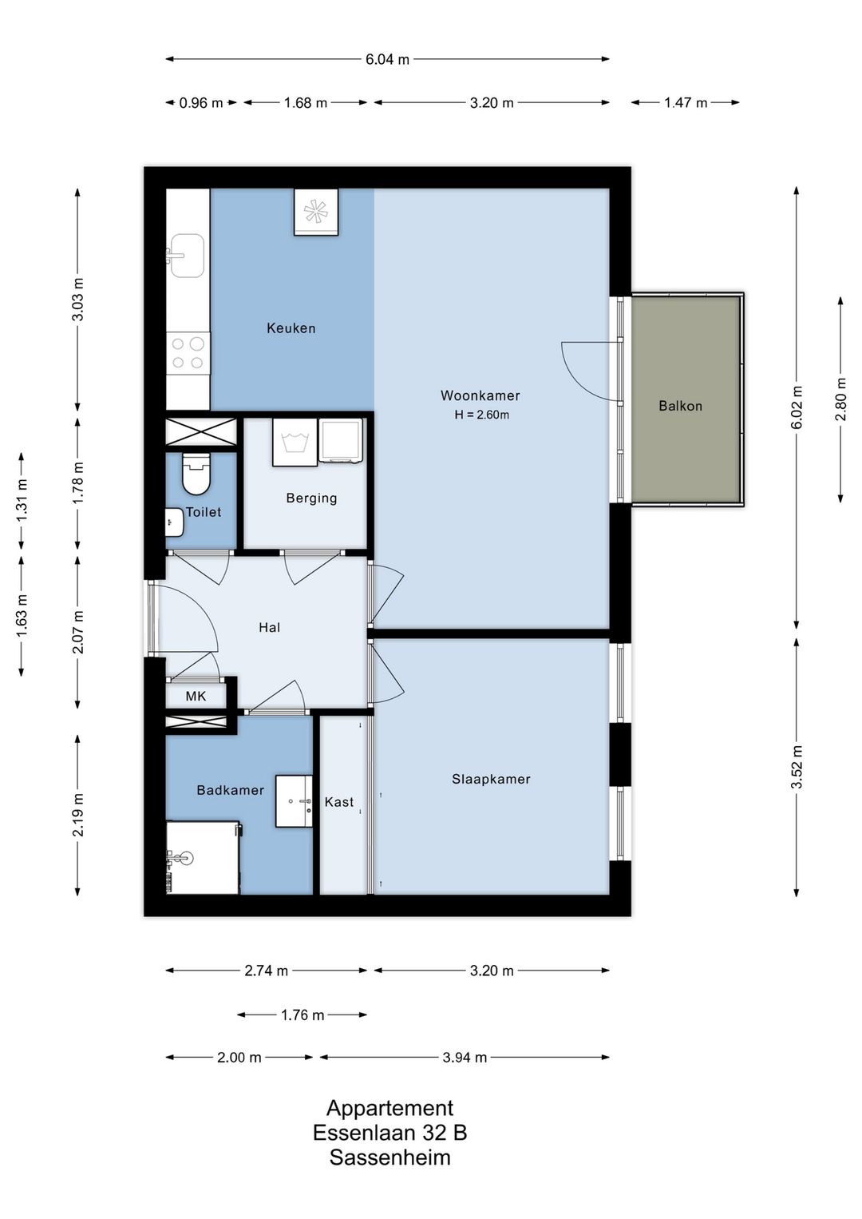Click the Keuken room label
click(291, 328)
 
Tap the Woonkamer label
click(480, 395)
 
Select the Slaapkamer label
click(491, 779)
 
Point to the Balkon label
click(680, 406)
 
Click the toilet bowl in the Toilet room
click(196, 474)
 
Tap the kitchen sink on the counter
click(187, 256)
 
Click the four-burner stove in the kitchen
click(188, 352)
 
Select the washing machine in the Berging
click(294, 442)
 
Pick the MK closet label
click(196, 696)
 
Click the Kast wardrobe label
click(339, 801)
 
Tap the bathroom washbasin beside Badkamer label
click(295, 801)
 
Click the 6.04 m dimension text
click(387, 59)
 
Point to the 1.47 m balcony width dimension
click(686, 102)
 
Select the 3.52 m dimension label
click(797, 767)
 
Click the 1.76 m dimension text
click(302, 1015)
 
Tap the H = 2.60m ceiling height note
click(482, 415)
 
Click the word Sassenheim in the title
click(390, 1157)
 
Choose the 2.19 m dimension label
click(77, 815)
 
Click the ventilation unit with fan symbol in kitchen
click(316, 212)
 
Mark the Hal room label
click(269, 627)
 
